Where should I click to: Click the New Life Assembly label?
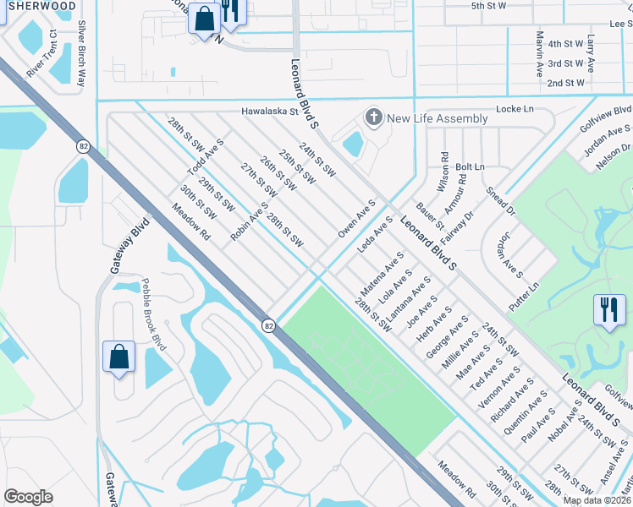438,118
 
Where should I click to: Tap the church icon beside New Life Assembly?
372,117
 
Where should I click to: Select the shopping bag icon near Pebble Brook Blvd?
119,357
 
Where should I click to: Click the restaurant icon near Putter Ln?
608,310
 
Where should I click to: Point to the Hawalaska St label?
271,111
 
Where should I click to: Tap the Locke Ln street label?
515,110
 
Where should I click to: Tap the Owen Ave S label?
356,219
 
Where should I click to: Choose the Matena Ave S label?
383,271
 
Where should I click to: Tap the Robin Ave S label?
249,221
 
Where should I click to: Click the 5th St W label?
488,6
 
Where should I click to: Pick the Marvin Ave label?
539,54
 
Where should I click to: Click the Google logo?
29,497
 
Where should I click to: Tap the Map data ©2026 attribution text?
597,500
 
